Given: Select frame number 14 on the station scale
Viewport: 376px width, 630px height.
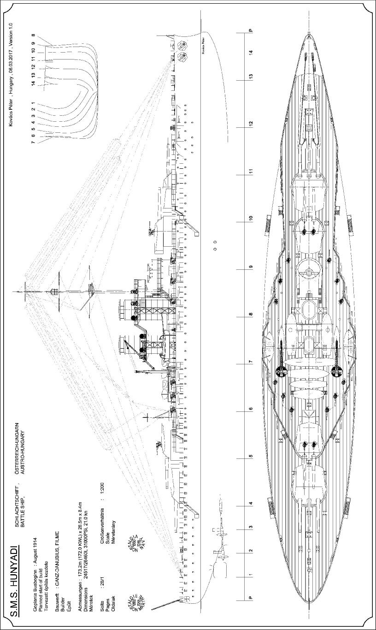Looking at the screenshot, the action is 250,53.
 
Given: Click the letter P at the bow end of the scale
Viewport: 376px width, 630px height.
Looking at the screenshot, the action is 250,30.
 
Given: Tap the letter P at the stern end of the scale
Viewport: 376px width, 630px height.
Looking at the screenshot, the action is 250,598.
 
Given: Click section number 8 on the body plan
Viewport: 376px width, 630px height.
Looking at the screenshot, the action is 33,35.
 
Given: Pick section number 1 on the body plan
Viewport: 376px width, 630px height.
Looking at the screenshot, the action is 33,103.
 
